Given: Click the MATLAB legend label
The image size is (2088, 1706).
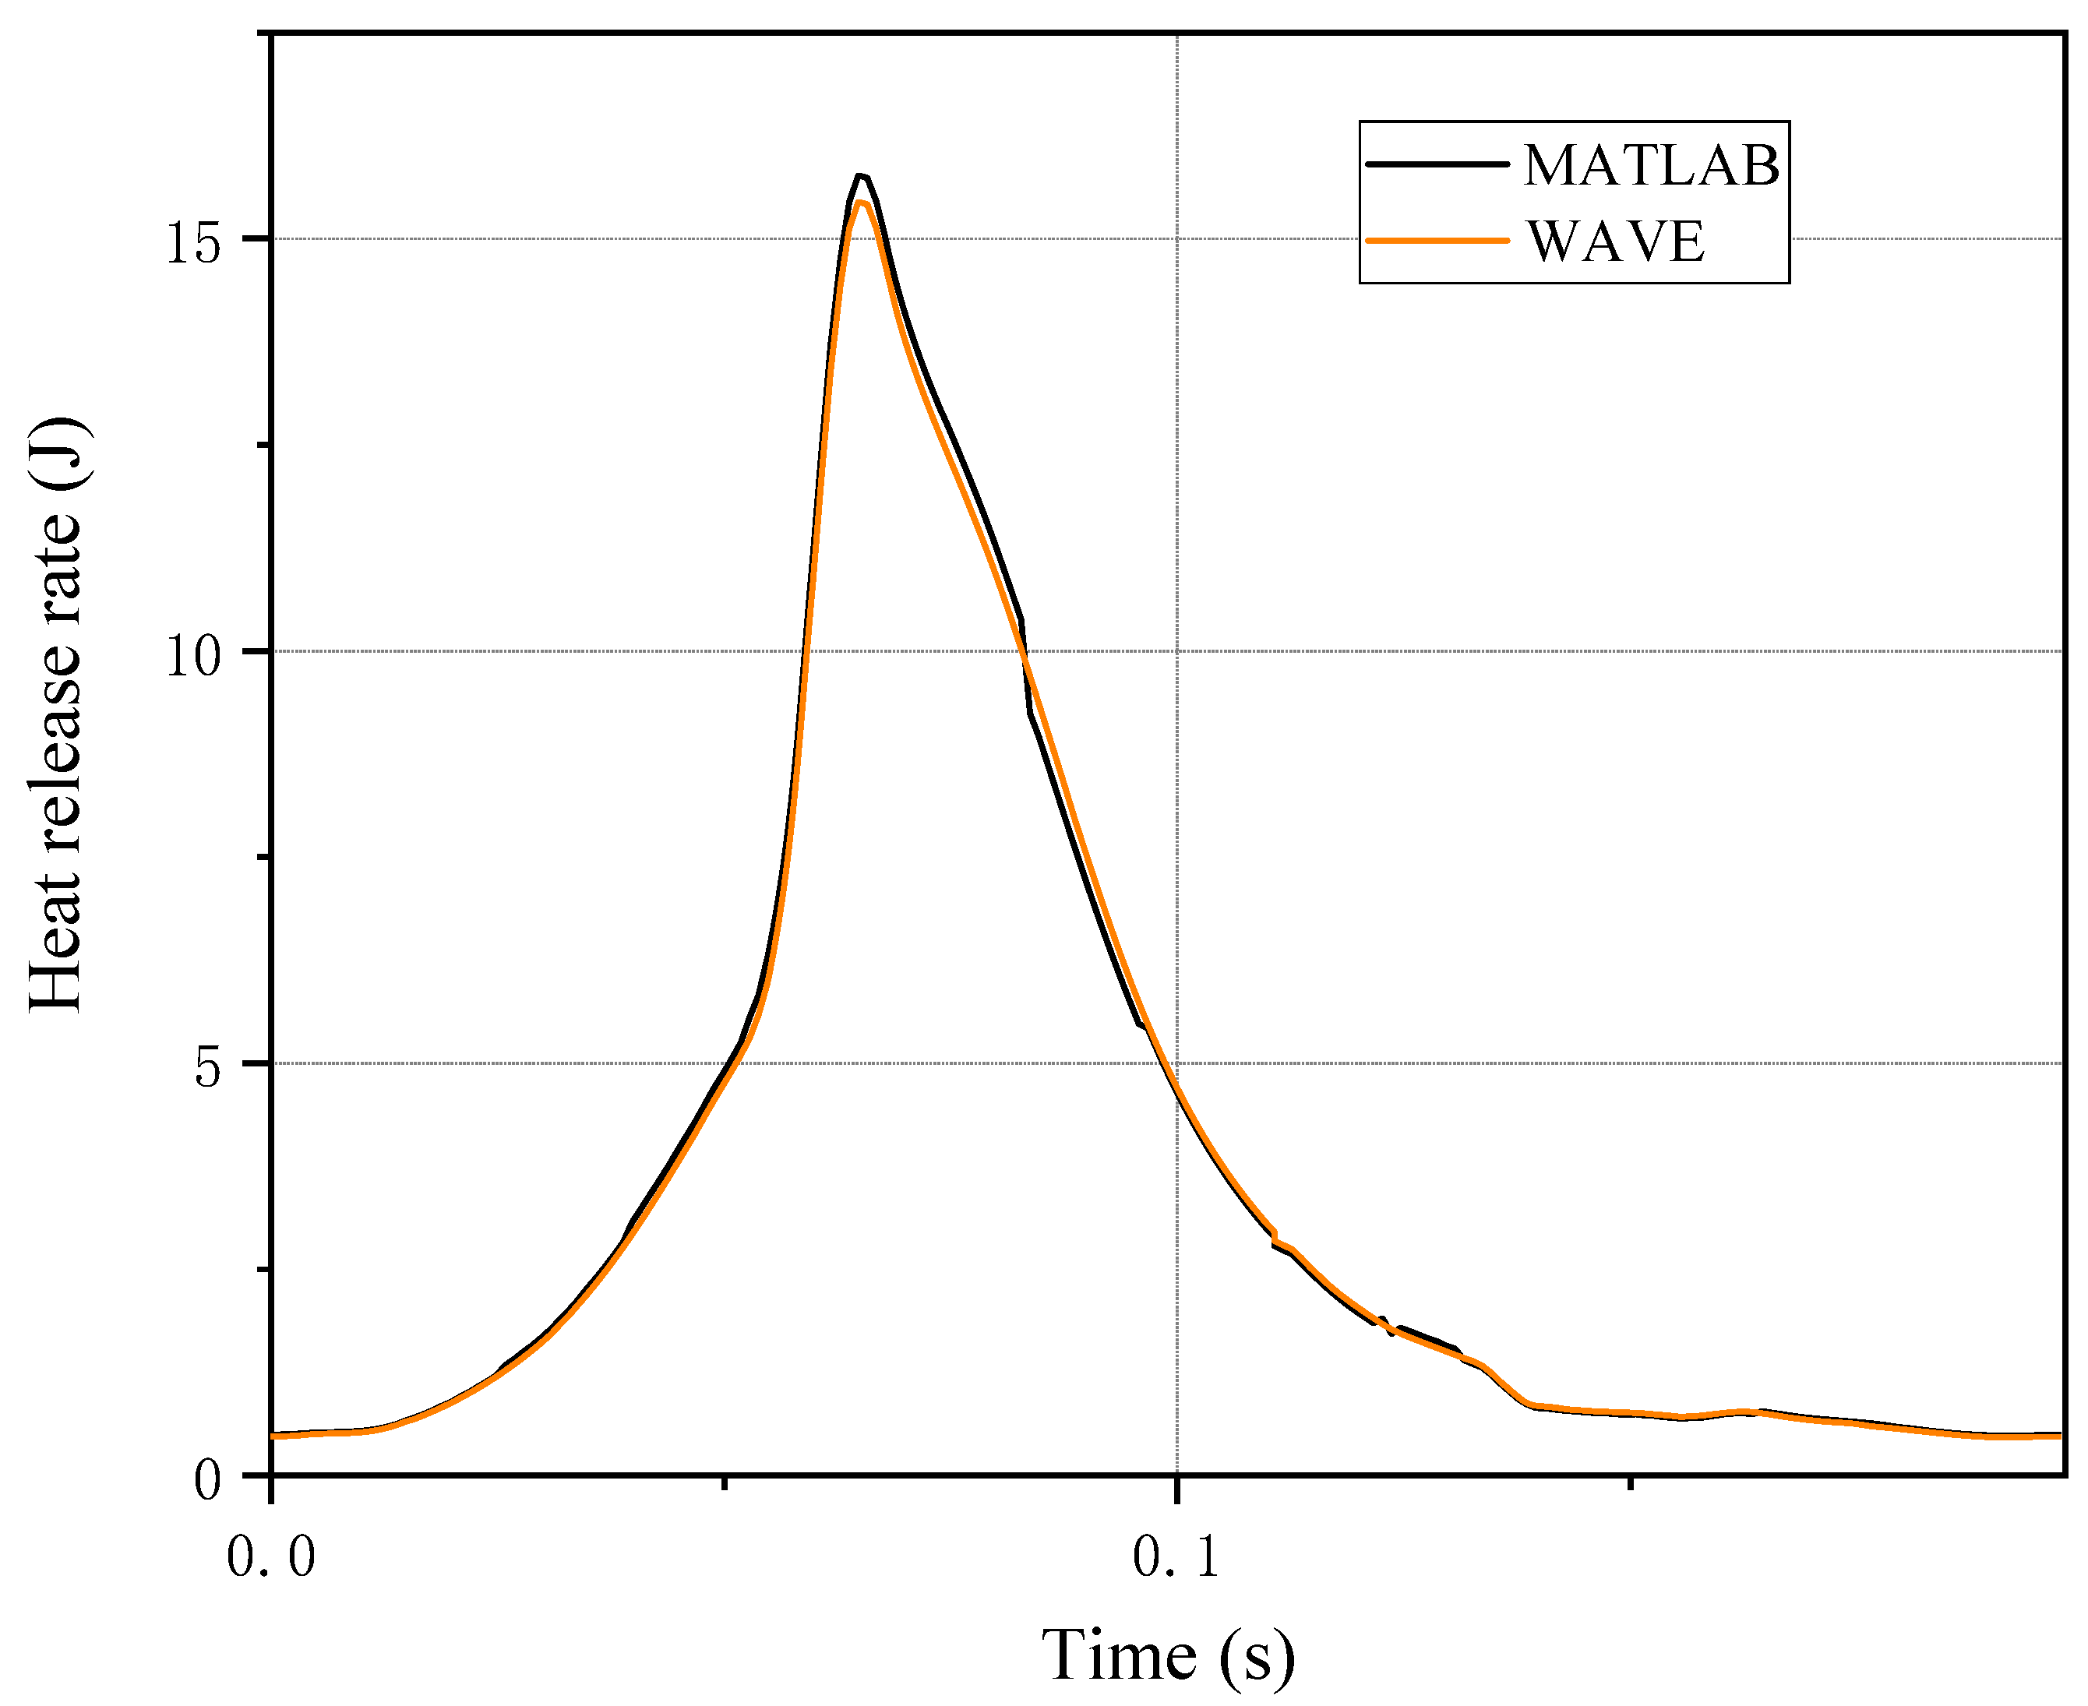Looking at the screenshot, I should pyautogui.click(x=1651, y=165).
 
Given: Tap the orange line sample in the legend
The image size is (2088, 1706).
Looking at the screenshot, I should pyautogui.click(x=1437, y=241).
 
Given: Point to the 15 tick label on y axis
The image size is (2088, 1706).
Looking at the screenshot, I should pyautogui.click(x=192, y=241).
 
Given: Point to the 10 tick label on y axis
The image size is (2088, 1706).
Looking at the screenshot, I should pyautogui.click(x=192, y=654).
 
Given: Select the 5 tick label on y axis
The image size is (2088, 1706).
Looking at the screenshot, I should pyautogui.click(x=207, y=1067).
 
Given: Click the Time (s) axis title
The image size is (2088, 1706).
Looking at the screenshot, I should pyautogui.click(x=1167, y=1654).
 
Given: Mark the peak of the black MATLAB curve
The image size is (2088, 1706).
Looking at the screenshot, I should pyautogui.click(x=861, y=176).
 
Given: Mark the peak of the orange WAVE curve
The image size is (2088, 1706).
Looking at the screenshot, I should pyautogui.click(x=861, y=203).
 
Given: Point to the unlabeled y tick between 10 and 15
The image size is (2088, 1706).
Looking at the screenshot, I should pyautogui.click(x=263, y=444).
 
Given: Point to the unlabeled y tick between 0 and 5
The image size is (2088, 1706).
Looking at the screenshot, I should pyautogui.click(x=263, y=1270).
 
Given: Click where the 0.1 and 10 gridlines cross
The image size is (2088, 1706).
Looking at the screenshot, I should pyautogui.click(x=1177, y=650).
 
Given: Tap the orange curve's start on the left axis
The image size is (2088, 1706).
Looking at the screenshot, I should pyautogui.click(x=273, y=1436).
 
